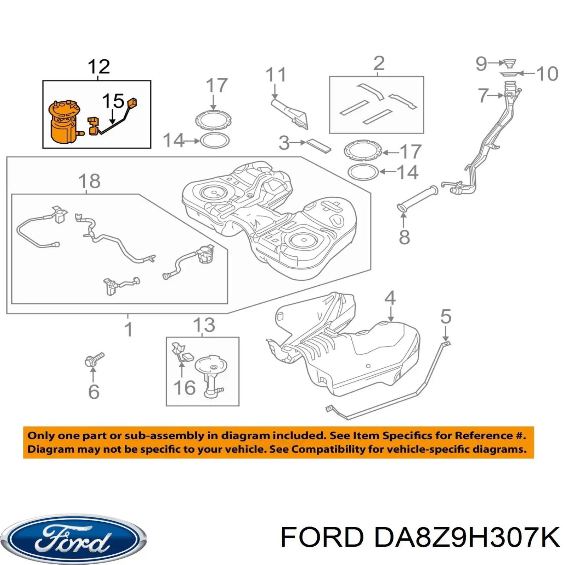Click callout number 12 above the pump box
coord(99,67)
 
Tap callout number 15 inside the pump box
coord(113,101)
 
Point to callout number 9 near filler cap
coord(481,64)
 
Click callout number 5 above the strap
coord(446,316)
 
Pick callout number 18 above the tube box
coord(89,182)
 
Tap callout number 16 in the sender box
coord(184,388)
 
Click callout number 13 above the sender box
coord(204,325)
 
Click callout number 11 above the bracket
coord(275,75)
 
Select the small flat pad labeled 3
coord(319,145)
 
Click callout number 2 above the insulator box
coord(379,64)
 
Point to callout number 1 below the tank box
coord(128,329)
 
